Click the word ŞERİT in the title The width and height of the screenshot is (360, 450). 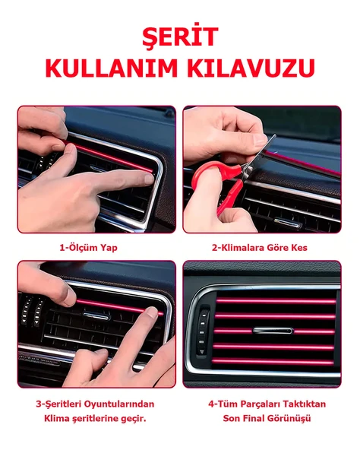(x=180, y=36)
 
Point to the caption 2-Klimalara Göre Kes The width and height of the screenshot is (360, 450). (x=259, y=247)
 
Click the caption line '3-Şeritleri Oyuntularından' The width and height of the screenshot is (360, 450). (x=96, y=404)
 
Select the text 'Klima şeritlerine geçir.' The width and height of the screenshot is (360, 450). (x=96, y=418)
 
